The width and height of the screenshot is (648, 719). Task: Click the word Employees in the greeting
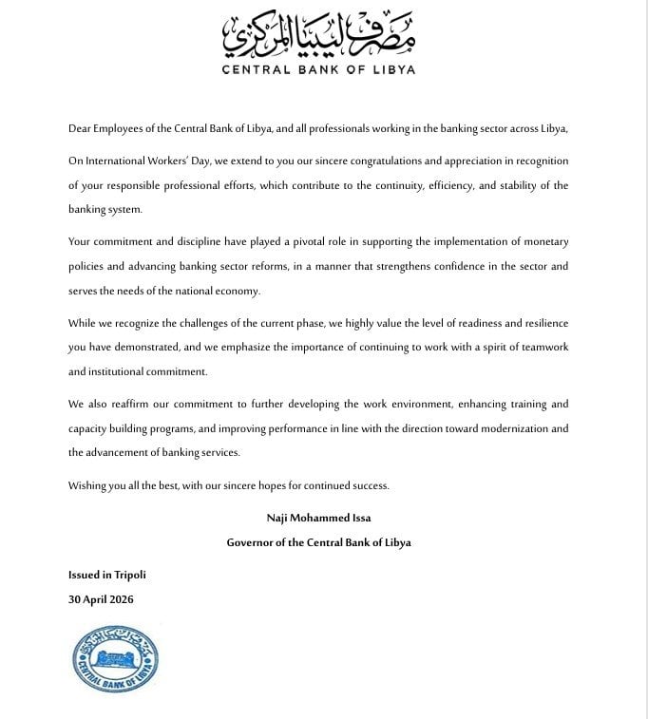[x=124, y=128]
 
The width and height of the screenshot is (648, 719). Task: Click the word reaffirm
[x=126, y=405]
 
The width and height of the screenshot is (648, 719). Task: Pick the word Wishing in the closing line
[x=88, y=485]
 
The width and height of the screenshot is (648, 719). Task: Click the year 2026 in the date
[x=120, y=599]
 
